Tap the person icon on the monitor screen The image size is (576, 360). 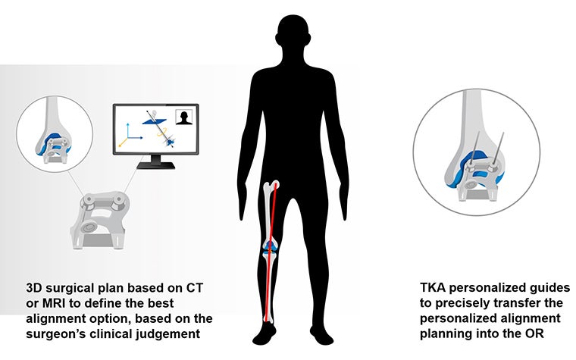183,117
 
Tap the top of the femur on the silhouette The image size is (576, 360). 275,186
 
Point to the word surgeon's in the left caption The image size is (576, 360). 54,330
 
